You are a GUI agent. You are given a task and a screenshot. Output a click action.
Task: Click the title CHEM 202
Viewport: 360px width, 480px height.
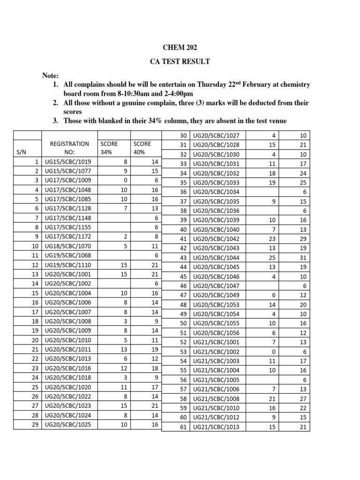pyautogui.click(x=180, y=47)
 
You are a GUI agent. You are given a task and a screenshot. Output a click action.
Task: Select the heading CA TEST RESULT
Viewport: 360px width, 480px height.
pyautogui.click(x=180, y=61)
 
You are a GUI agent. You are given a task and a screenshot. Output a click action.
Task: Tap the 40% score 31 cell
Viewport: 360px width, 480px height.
pyautogui.click(x=302, y=258)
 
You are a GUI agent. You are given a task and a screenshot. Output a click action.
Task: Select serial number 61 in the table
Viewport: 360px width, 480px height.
pyautogui.click(x=183, y=427)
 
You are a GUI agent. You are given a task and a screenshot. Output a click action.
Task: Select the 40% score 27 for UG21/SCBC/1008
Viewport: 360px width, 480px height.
pyautogui.click(x=302, y=398)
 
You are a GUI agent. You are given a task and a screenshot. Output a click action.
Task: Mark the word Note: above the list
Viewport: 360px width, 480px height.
pyautogui.click(x=51, y=75)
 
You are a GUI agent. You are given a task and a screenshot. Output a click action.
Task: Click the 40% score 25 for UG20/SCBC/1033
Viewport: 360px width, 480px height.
pyautogui.click(x=302, y=182)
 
